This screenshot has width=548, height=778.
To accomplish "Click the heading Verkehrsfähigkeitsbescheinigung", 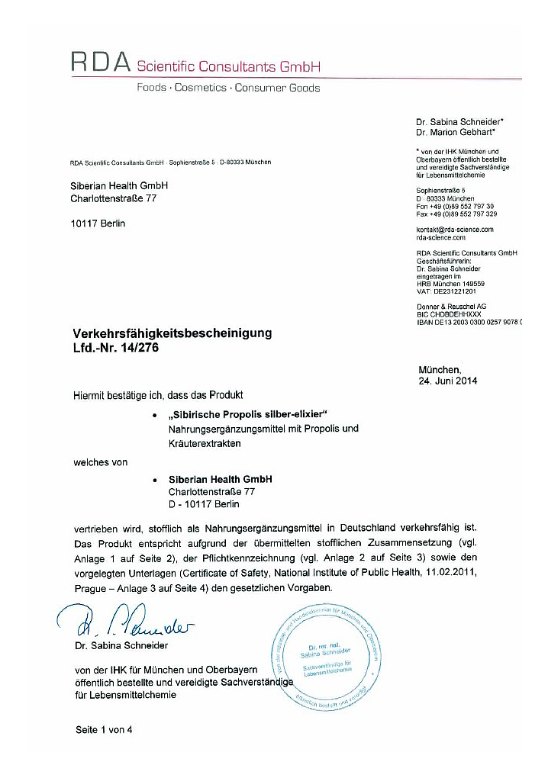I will (x=171, y=333).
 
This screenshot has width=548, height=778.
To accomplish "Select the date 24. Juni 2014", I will (x=447, y=381).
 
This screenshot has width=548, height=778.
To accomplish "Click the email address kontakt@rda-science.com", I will (x=455, y=229).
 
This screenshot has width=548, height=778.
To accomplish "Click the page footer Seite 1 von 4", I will (x=104, y=730).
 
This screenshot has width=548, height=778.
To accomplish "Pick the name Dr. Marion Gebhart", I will (x=459, y=132).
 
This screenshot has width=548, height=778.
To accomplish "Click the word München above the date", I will (x=440, y=368).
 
